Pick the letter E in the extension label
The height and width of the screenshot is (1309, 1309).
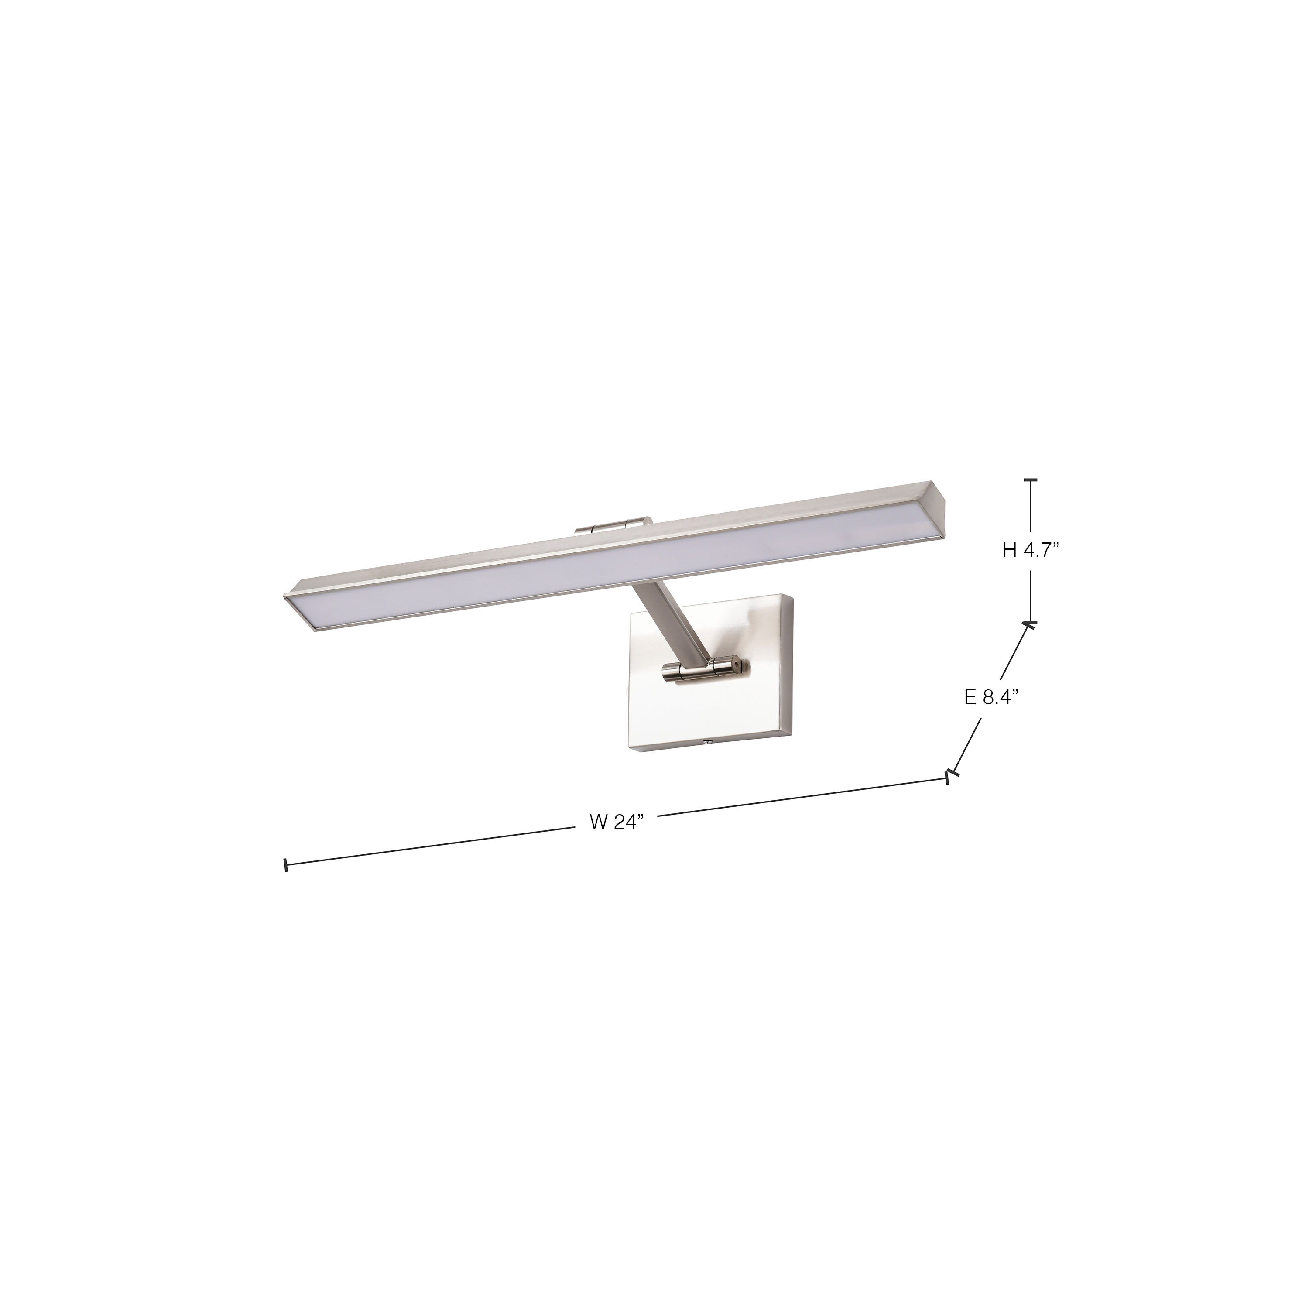click(x=970, y=698)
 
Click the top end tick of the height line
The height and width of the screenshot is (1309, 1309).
click(x=1031, y=480)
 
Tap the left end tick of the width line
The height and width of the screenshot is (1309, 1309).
click(x=286, y=865)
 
